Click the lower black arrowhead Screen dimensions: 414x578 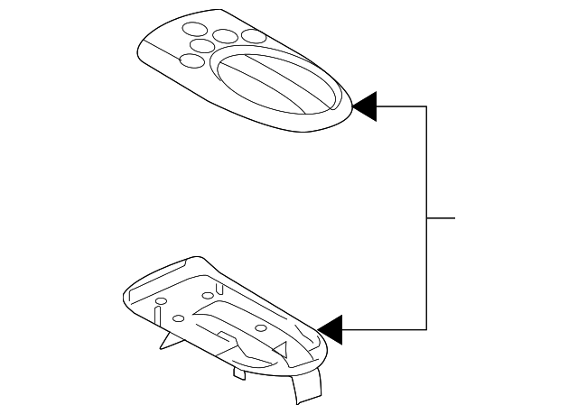point(330,329)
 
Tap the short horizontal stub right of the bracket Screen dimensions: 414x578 point(441,218)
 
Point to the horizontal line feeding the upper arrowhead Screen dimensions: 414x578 point(402,106)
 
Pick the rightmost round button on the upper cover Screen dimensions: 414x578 point(254,37)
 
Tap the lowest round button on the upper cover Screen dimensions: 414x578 point(191,62)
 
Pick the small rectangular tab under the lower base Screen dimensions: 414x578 point(239,371)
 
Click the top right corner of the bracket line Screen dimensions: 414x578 point(426,106)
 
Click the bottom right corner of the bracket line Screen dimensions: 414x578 point(426,329)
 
